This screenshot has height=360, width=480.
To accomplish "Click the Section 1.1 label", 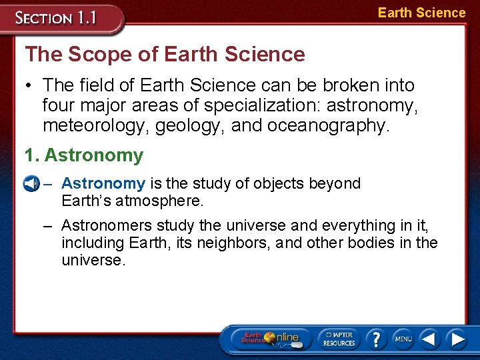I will pyautogui.click(x=56, y=18).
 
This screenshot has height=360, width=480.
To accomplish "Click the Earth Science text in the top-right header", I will pyautogui.click(x=421, y=13).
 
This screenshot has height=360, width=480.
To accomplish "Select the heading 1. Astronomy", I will pyautogui.click(x=83, y=155).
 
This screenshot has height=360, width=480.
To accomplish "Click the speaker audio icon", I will pyautogui.click(x=29, y=184).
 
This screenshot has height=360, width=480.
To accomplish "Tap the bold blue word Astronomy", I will pyautogui.click(x=103, y=183).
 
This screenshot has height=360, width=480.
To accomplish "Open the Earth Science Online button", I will pyautogui.click(x=269, y=338).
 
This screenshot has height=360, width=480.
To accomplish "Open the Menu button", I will pyautogui.click(x=403, y=339).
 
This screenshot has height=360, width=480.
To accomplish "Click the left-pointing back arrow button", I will pyautogui.click(x=429, y=339).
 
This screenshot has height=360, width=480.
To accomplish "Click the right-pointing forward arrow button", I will pyautogui.click(x=457, y=339).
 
